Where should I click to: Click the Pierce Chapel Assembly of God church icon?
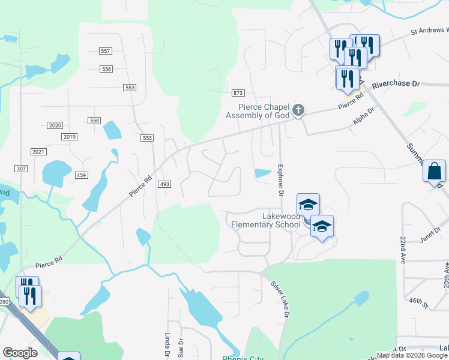tap(298, 110)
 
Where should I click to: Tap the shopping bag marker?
tap(434, 171)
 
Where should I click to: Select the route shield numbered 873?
tap(238, 93)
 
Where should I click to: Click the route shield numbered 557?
tap(106, 51)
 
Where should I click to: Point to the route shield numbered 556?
tap(106, 69)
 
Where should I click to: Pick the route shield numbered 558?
tap(94, 121)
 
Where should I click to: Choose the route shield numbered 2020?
tap(55, 125)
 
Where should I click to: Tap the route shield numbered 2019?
tap(69, 137)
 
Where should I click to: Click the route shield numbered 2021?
tap(38, 152)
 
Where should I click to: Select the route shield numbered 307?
tap(21, 169)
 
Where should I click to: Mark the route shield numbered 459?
tap(82, 175)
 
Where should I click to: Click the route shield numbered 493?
tap(164, 184)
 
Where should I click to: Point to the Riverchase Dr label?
tap(396, 85)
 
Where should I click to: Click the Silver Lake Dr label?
tap(280, 299)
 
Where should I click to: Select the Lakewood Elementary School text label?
tap(265, 220)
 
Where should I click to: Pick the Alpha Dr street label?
tap(364, 117)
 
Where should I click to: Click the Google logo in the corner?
tap(20, 353)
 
